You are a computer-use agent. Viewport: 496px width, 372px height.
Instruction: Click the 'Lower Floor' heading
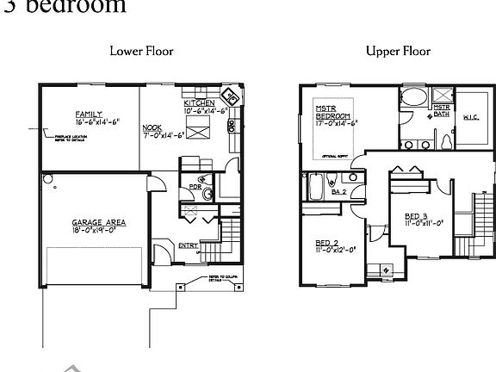coord(141,51)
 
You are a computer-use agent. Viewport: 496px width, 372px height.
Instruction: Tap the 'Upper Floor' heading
coord(398,51)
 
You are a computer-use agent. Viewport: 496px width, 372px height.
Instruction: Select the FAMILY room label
coord(89,114)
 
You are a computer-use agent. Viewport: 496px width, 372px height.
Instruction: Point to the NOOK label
coord(152,127)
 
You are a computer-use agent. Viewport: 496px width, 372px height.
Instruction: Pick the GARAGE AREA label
coord(98,222)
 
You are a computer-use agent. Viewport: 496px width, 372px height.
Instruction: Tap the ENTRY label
coord(188,245)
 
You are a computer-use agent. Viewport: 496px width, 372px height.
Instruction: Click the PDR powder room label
coord(195,185)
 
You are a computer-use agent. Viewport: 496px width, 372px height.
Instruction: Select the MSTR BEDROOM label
coord(332,111)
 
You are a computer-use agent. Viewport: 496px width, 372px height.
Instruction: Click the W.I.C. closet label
coord(471,117)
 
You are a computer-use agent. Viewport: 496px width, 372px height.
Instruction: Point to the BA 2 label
coord(338,191)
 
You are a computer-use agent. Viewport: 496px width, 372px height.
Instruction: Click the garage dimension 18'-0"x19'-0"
coord(98,231)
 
